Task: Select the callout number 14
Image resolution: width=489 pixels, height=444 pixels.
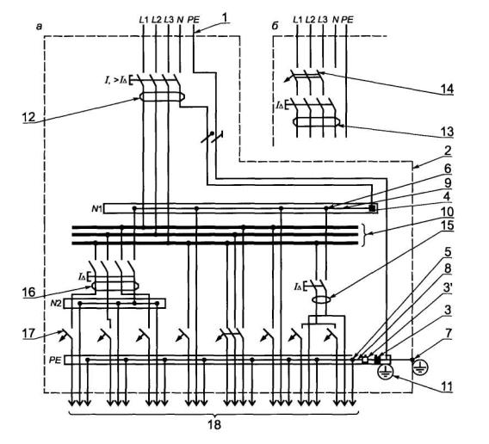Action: pos(447,89)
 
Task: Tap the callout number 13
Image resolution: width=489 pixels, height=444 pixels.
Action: pos(447,132)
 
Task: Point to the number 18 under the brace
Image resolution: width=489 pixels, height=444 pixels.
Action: pos(214,425)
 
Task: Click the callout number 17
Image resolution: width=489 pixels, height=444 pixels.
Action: pos(28,334)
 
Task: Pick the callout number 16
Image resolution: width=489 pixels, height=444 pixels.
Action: pos(28,293)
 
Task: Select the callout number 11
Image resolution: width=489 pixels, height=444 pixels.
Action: pos(446,386)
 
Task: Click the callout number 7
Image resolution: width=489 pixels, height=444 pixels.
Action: pos(449,333)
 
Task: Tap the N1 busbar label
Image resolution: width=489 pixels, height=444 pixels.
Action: pos(96,208)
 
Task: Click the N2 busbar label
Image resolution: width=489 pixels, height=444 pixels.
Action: pos(56,304)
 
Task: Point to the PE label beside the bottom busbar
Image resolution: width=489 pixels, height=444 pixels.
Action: pos(55,361)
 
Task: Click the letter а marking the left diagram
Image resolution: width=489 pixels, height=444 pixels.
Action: pos(39,28)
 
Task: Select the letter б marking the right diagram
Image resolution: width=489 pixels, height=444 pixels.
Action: pos(275,27)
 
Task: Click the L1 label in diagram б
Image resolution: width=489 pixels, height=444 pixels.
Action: pos(298,20)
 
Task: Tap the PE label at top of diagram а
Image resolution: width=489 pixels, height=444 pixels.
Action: pos(194,20)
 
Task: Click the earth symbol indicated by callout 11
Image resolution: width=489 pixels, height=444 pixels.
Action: pos(386,372)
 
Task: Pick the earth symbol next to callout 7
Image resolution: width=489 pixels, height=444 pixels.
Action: pos(420,367)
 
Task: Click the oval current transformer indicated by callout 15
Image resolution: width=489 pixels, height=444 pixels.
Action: pos(321,300)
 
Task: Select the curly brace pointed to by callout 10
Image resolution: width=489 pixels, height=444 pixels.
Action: pos(363,234)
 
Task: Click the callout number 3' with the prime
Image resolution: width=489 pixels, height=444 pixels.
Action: pos(449,288)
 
